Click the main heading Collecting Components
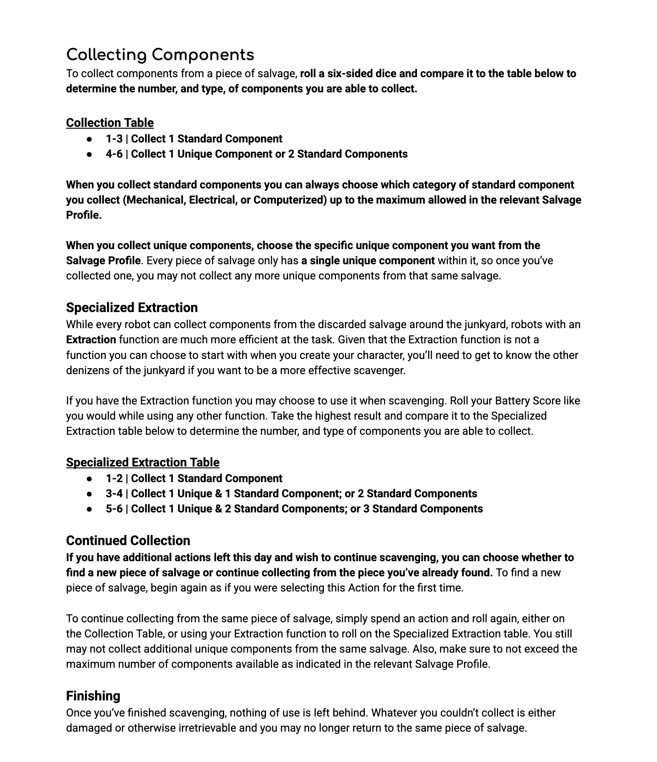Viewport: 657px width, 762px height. tap(160, 55)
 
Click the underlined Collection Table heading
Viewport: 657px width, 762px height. tap(110, 123)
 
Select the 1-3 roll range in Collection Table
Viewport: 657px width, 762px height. tap(114, 139)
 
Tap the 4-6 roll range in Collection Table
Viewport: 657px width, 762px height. tap(114, 154)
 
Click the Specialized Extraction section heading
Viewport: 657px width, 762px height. tap(132, 307)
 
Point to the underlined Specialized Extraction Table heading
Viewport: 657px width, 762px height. tap(142, 462)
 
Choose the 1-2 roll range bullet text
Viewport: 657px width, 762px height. tap(114, 478)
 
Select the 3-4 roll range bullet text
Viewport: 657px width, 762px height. tap(114, 494)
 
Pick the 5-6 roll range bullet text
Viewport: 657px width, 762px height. tap(114, 509)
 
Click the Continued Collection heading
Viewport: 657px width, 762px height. tap(128, 540)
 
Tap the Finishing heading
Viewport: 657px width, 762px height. tap(93, 696)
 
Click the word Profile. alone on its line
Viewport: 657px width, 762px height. tap(84, 215)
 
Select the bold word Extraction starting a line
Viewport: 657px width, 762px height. tap(91, 340)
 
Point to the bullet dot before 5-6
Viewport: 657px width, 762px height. tap(89, 509)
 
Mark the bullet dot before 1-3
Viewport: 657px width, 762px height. tap(89, 139)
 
